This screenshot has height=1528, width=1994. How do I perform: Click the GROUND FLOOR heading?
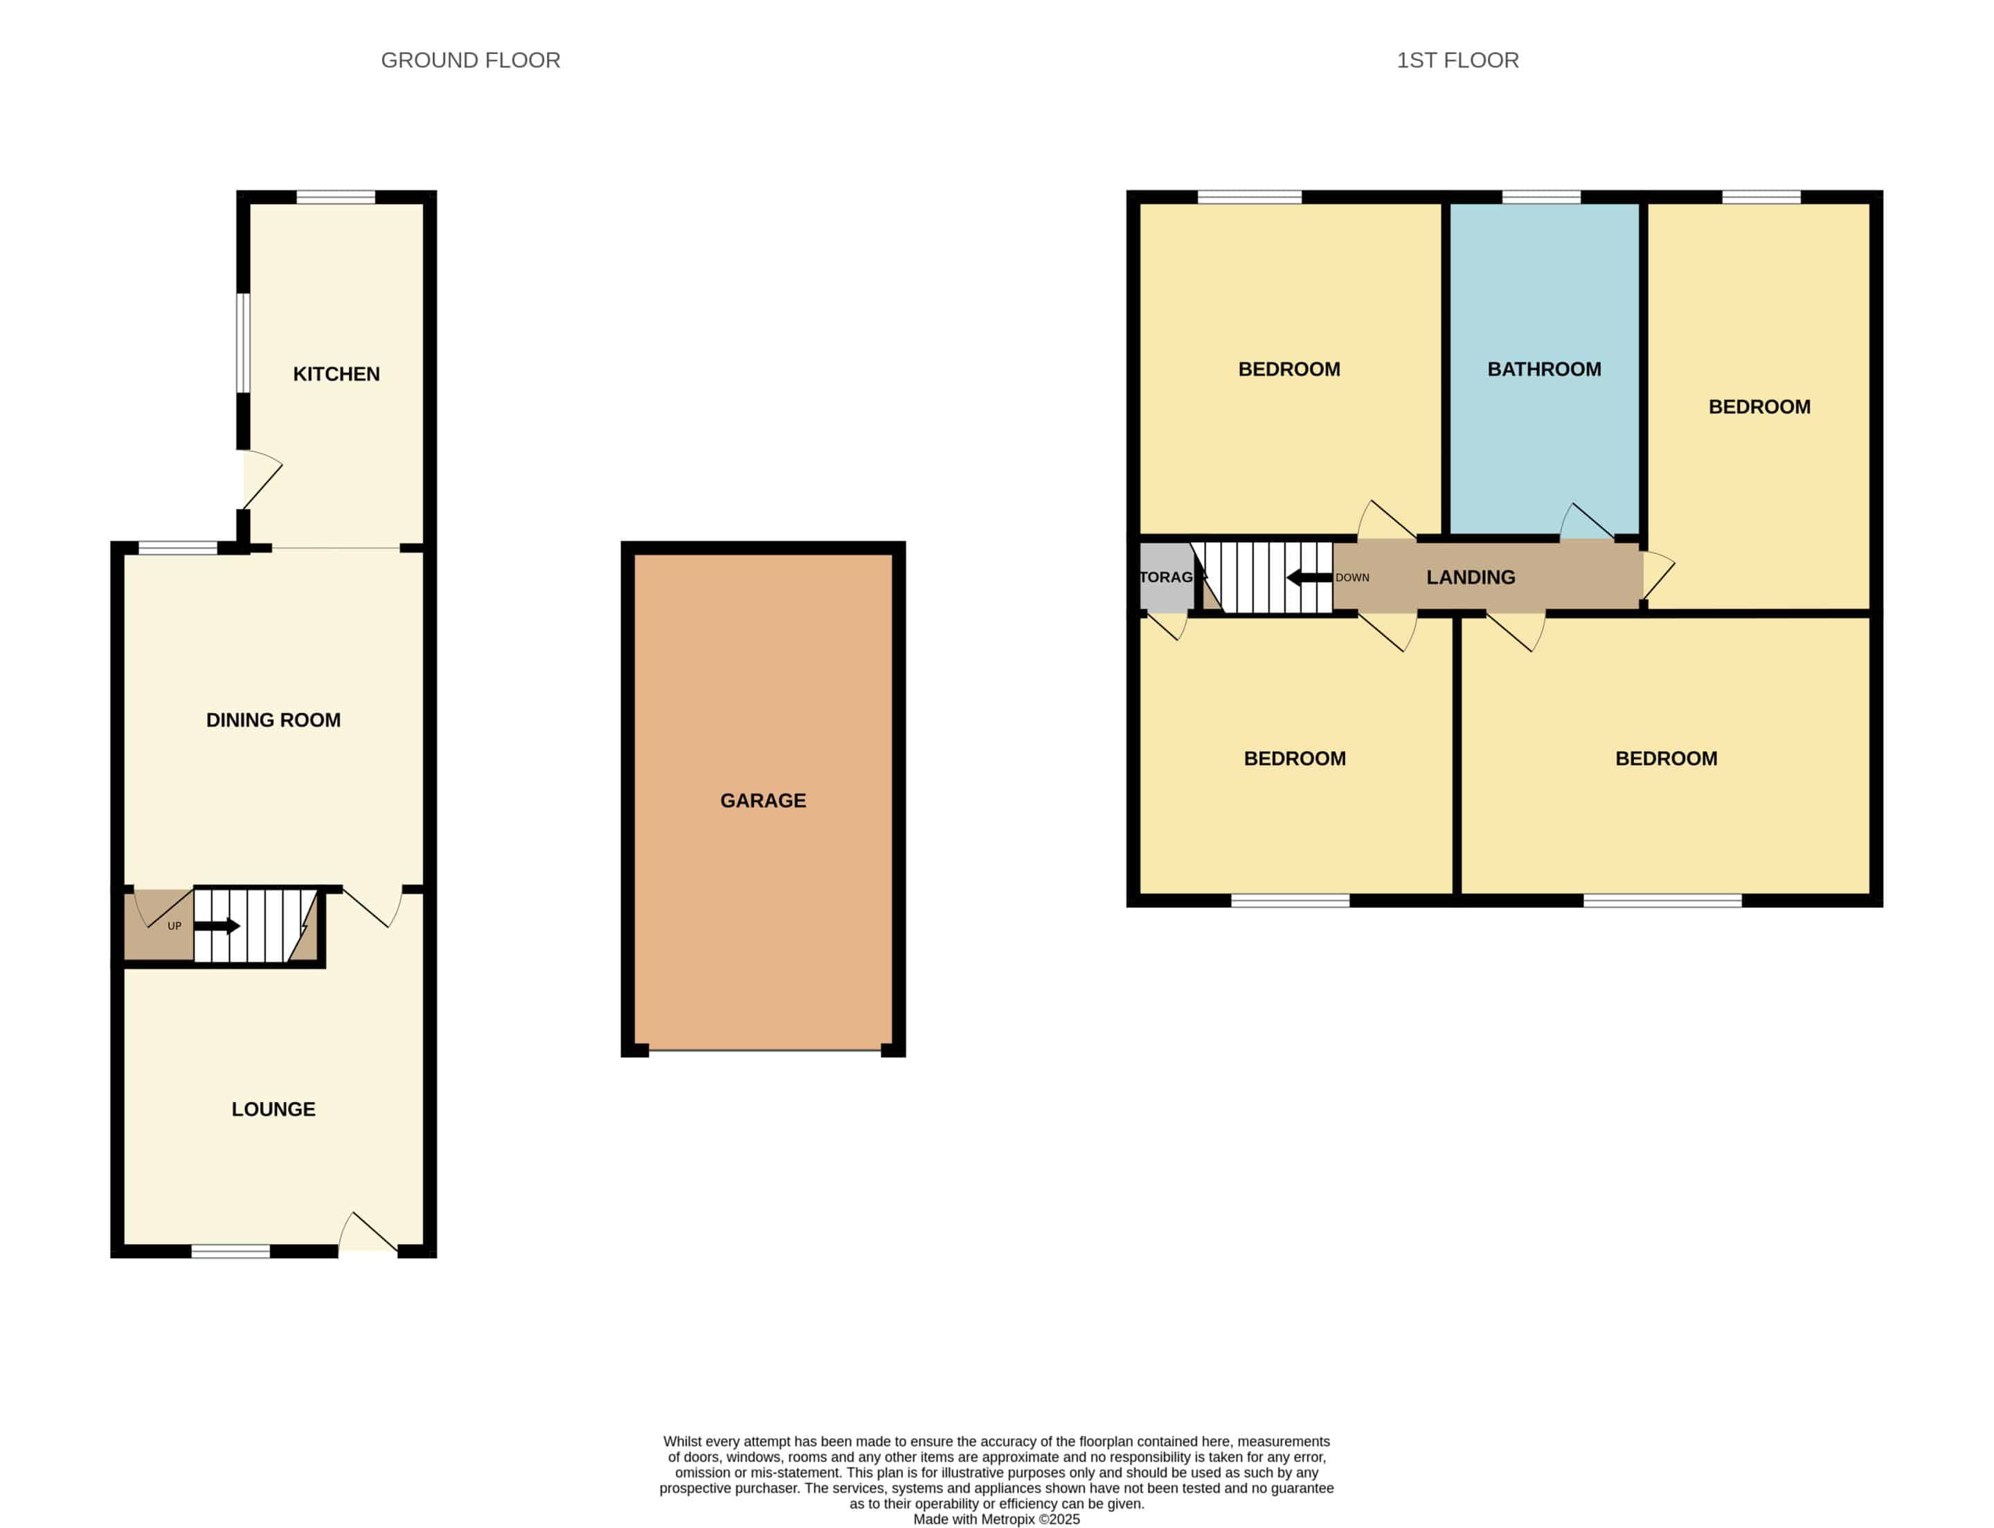[x=470, y=60]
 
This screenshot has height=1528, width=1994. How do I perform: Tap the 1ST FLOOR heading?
[x=1457, y=60]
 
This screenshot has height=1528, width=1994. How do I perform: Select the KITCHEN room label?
[x=336, y=374]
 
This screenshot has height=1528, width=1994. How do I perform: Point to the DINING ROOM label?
[x=273, y=720]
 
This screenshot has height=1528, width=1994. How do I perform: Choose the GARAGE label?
[x=763, y=800]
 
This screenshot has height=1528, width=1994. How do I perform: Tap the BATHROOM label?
[x=1545, y=369]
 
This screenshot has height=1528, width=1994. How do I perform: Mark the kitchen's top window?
[x=336, y=197]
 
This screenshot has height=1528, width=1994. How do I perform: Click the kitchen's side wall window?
[x=243, y=343]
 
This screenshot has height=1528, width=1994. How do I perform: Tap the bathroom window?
[x=1541, y=197]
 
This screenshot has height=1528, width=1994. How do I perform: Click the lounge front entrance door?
[x=368, y=1233]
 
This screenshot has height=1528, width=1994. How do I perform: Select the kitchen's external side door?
[x=262, y=479]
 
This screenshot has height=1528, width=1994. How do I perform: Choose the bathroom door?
[x=1588, y=521]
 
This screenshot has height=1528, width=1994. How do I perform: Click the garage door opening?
[x=765, y=1050]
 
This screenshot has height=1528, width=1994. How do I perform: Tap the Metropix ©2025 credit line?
[x=997, y=1519]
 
